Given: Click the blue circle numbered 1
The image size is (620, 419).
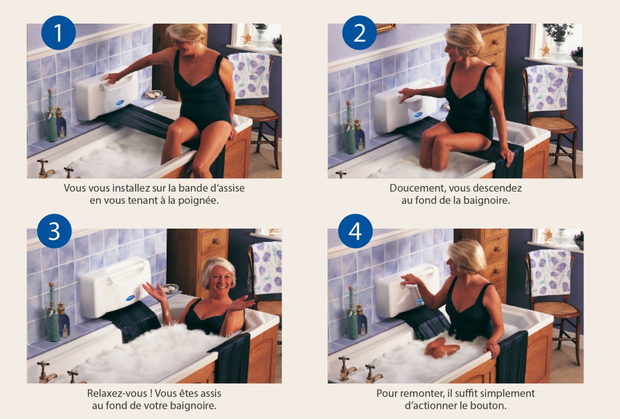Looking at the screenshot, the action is coord(58,33).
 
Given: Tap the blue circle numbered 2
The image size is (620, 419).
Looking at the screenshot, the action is coord(360,33).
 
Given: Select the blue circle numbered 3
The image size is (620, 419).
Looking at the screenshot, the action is coord(54,231).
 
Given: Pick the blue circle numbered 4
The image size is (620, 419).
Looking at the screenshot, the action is coord(355,231).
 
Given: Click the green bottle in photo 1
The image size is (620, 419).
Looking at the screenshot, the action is coord(51,117).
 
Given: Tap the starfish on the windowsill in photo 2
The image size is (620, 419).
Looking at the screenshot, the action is coord(545,50).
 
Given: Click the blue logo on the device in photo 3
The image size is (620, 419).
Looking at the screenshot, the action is coord(131,298).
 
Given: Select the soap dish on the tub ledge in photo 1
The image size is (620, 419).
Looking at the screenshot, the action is coord(154,94).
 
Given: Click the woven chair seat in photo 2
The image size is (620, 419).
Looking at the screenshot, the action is coord(553,124).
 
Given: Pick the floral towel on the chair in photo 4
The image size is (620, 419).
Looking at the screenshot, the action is coord(550,273).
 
